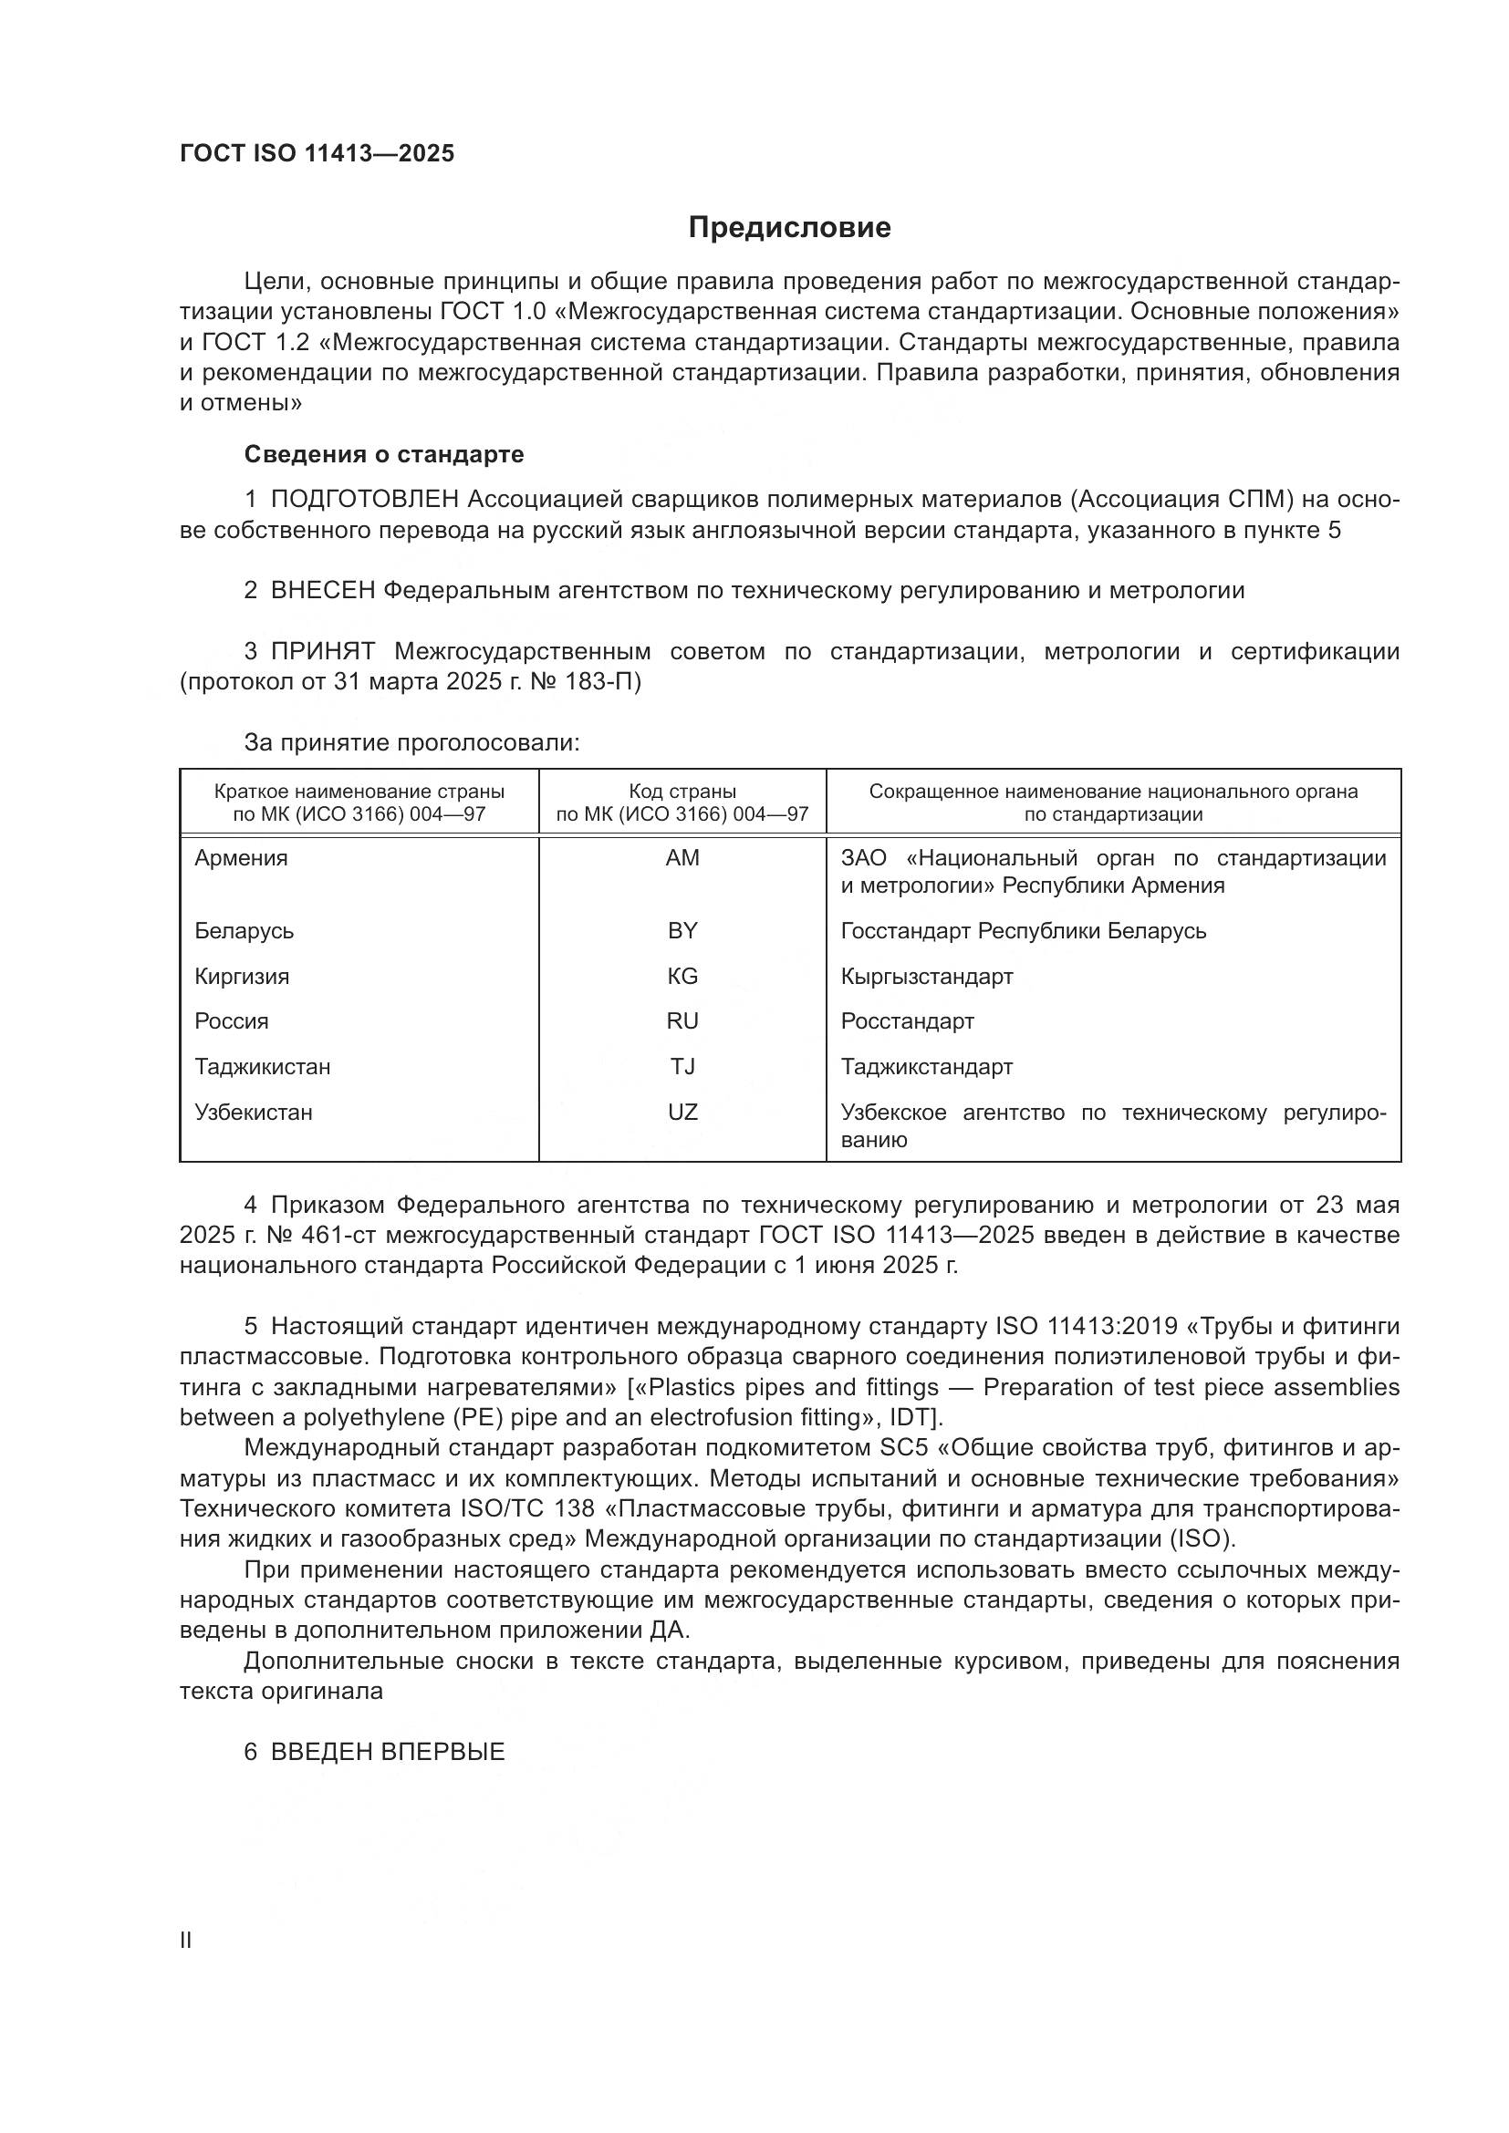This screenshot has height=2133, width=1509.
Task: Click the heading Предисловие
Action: pos(789,228)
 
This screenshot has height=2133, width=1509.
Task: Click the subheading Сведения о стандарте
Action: pos(384,454)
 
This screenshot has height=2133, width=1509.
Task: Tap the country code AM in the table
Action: pos(682,858)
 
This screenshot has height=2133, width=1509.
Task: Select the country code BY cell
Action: pos(682,931)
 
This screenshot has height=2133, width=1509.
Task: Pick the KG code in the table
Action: pos(682,977)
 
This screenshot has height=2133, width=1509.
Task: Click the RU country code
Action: pos(682,1021)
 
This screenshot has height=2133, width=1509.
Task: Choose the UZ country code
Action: pos(682,1112)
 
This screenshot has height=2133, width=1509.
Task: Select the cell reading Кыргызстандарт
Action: pos(926,977)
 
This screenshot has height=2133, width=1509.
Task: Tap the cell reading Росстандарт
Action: pos(907,1021)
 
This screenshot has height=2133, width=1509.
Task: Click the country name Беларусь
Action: pos(244,931)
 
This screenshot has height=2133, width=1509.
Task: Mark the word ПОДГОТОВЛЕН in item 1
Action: pos(364,500)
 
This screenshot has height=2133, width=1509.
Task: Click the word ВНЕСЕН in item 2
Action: pos(322,591)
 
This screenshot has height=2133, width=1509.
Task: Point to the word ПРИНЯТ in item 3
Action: pos(323,651)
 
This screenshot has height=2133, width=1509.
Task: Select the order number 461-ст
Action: pos(338,1236)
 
